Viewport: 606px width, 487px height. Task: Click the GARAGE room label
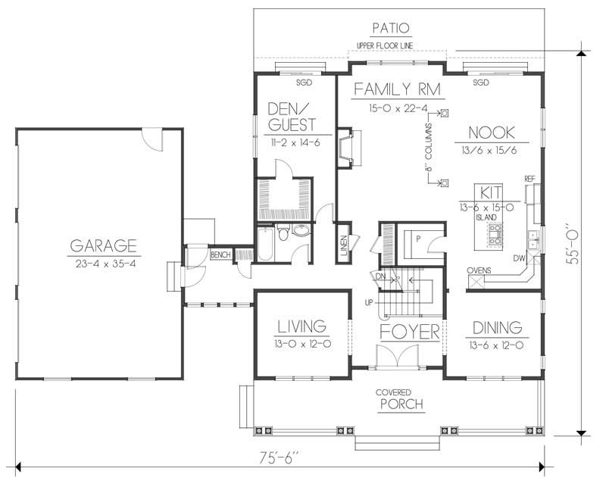[103, 245]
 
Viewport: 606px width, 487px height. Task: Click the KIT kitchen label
[486, 190]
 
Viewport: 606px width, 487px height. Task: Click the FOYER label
[410, 332]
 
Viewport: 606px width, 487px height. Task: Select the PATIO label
[391, 29]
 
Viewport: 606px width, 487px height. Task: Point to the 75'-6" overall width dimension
[278, 457]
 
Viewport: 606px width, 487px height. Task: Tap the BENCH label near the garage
[220, 254]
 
